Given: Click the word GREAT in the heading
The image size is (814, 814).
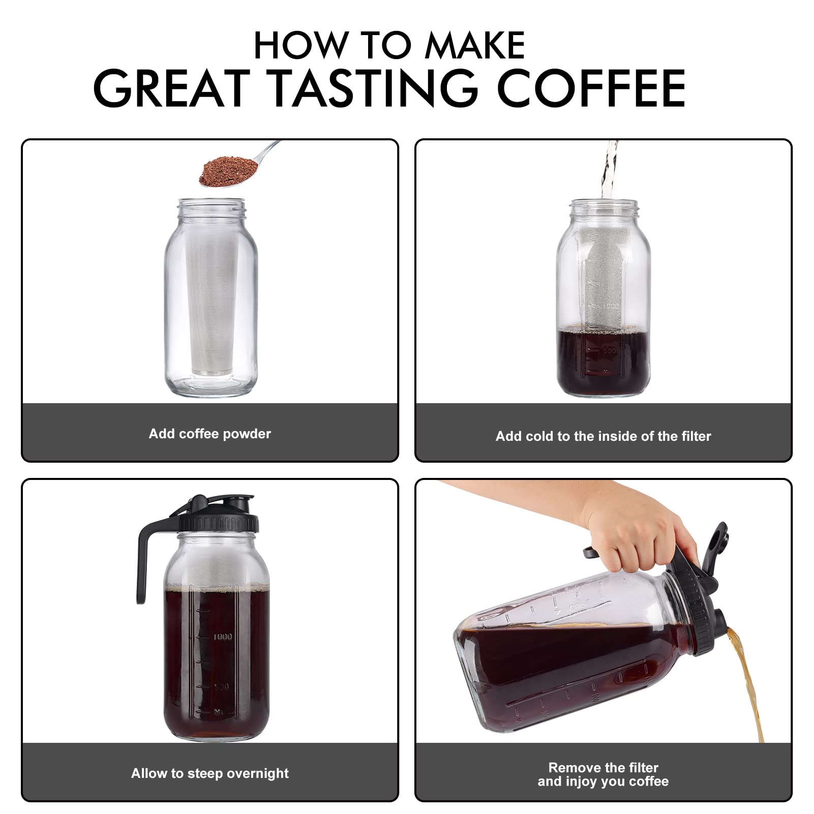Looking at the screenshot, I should pos(172,88).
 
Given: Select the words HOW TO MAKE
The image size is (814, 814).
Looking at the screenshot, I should pos(389,46).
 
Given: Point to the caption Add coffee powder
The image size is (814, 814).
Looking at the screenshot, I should pos(209,434).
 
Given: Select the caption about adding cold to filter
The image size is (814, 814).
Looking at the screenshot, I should pos(603,436).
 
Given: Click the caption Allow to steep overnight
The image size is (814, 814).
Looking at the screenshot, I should pos(209,773).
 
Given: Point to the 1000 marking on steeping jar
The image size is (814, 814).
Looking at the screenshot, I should pos(223,637).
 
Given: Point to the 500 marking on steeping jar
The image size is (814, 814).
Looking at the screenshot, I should pos(221,687).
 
